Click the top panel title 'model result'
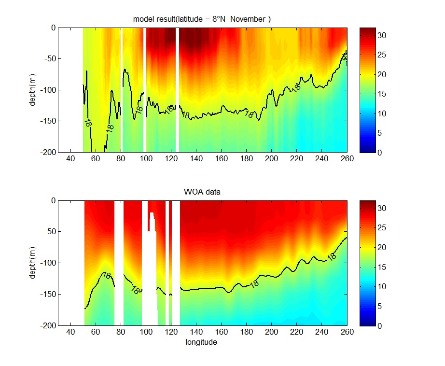154,19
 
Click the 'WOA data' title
202,192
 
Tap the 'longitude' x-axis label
201,342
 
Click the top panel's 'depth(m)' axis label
32,90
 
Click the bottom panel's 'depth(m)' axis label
32,263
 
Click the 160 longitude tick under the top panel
221,158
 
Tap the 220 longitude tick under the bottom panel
297,332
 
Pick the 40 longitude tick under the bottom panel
70,332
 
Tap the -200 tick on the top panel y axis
47,152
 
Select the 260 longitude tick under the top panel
347,158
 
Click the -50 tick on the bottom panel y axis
49,232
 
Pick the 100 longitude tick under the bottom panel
145,332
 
